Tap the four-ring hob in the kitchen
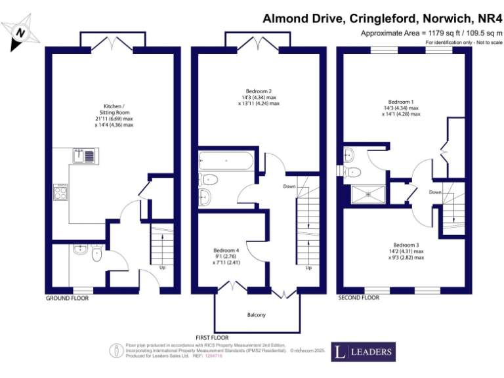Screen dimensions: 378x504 (x=60, y=192)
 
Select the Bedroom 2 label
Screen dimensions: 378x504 (x=259, y=91)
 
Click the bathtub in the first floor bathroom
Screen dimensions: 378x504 (x=224, y=160)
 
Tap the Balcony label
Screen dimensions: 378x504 (x=257, y=315)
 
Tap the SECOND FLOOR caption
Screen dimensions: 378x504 (x=358, y=298)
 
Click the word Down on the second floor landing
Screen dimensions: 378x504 (x=435, y=192)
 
